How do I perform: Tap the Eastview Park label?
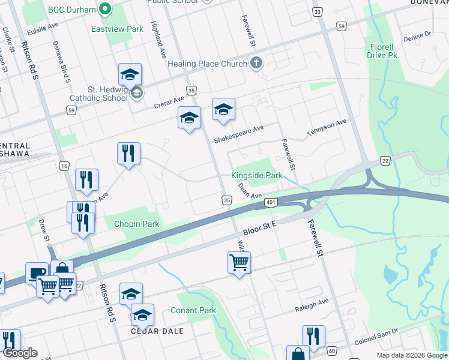(x=117, y=29)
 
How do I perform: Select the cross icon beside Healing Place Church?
(x=256, y=64)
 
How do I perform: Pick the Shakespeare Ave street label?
(x=240, y=134)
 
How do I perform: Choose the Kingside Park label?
(x=257, y=176)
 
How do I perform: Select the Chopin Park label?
(x=137, y=224)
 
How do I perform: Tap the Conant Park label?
(x=193, y=310)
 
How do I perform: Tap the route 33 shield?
(x=318, y=12)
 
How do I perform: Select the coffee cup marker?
(x=37, y=274)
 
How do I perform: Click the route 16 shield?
(x=64, y=166)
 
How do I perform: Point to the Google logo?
(x=20, y=353)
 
